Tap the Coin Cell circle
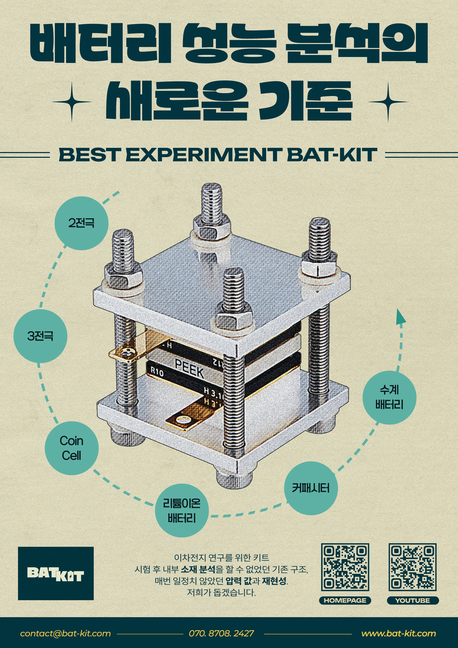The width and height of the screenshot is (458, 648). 72,448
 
